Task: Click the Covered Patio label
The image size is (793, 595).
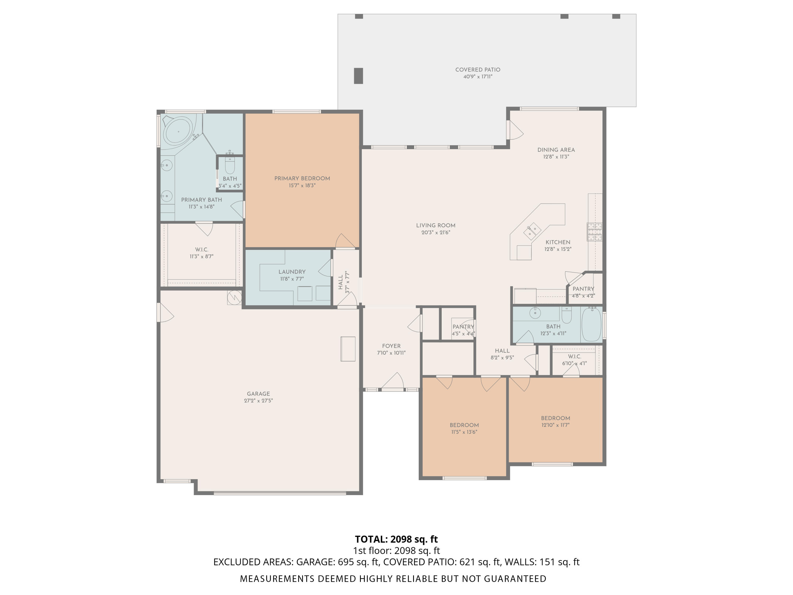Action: click(478, 70)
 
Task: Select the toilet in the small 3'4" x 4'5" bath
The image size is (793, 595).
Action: click(229, 166)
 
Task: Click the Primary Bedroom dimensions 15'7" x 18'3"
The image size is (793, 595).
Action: click(302, 185)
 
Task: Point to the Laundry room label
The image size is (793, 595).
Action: click(292, 272)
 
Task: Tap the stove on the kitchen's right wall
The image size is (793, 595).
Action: click(594, 232)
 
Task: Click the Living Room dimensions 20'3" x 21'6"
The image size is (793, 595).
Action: click(436, 232)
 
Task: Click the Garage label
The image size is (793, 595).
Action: click(258, 394)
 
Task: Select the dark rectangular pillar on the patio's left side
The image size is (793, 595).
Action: click(358, 76)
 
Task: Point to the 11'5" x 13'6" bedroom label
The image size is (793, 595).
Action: click(464, 425)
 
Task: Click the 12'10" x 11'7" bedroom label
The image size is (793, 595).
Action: click(555, 418)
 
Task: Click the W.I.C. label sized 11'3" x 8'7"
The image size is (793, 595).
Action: click(201, 250)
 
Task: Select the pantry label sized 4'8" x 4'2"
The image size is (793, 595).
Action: click(583, 289)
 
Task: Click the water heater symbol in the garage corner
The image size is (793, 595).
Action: click(234, 297)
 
